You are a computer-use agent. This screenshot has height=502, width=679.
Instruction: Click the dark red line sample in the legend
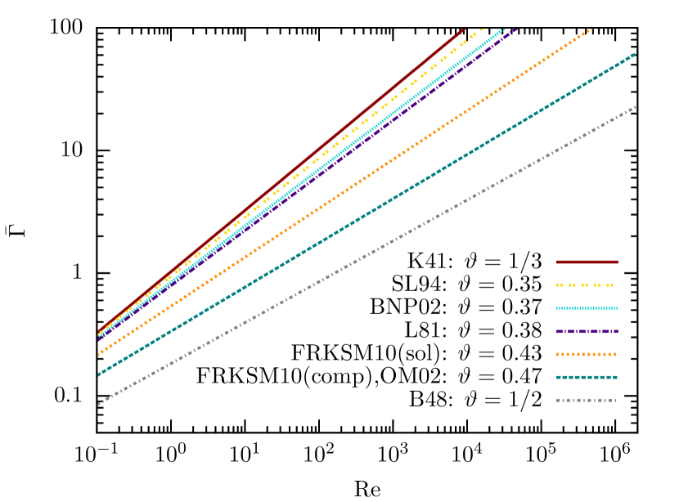pyautogui.click(x=587, y=262)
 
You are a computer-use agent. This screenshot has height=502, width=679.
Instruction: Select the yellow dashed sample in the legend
pyautogui.click(x=587, y=285)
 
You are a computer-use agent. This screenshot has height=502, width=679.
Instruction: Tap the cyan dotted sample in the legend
pyautogui.click(x=587, y=308)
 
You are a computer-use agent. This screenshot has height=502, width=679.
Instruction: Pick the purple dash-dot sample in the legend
pyautogui.click(x=587, y=331)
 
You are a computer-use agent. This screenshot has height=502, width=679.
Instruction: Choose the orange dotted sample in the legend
pyautogui.click(x=587, y=354)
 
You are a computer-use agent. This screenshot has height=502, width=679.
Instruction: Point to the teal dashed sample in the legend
pyautogui.click(x=587, y=377)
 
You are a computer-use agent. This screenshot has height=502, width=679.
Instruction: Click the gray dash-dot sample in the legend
pyautogui.click(x=587, y=400)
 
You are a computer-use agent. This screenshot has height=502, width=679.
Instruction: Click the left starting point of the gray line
pyautogui.click(x=99, y=403)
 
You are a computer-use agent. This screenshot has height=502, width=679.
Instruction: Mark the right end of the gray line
pyautogui.click(x=636, y=107)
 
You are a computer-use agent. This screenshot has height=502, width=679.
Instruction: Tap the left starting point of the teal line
pyautogui.click(x=99, y=375)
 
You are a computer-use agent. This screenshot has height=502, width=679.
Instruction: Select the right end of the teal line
pyautogui.click(x=636, y=53)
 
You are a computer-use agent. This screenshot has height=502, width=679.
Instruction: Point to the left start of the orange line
pyautogui.click(x=99, y=355)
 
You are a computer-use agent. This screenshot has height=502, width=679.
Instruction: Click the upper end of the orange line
pyautogui.click(x=591, y=29)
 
